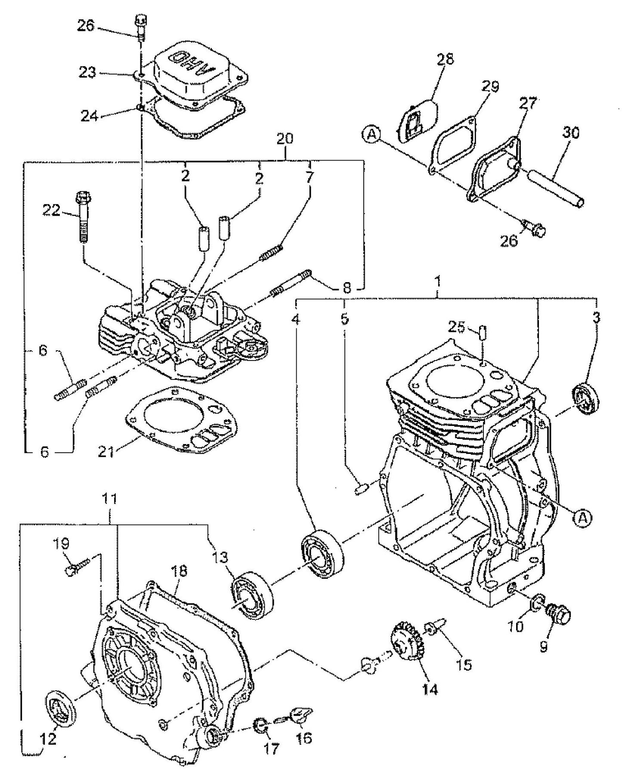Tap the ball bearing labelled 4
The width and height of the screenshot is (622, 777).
[x=322, y=556]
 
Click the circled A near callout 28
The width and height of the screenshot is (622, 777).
[x=371, y=134]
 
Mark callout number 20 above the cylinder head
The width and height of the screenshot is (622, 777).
[x=285, y=139]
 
